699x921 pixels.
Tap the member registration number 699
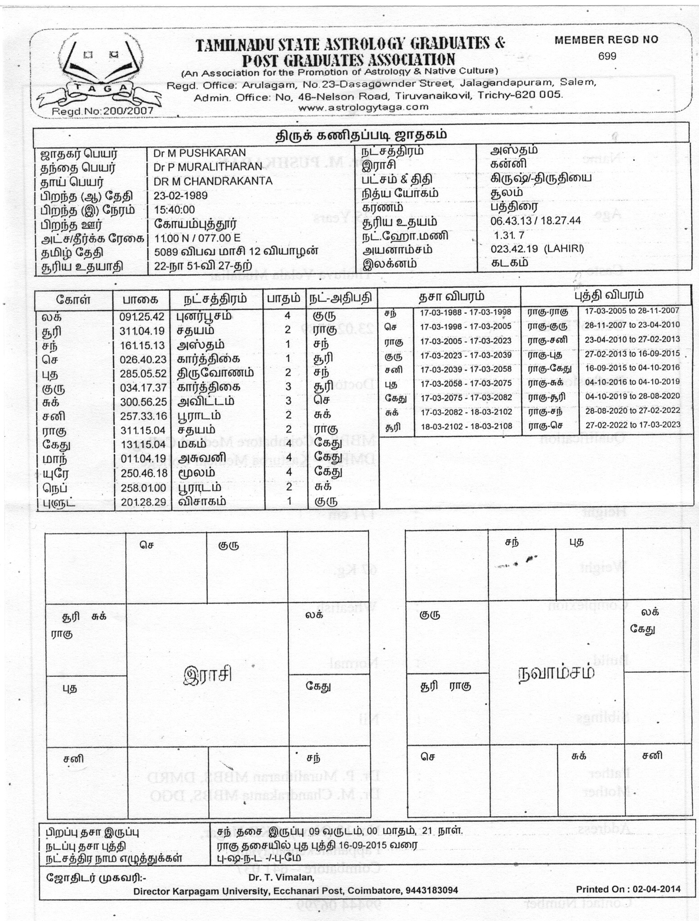tap(607, 57)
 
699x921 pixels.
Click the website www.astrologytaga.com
tap(363, 107)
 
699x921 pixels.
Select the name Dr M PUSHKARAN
tap(200, 153)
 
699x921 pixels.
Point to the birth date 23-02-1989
tap(180, 196)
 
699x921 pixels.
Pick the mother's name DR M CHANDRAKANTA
tap(213, 181)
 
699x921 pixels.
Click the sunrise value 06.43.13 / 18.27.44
tap(536, 221)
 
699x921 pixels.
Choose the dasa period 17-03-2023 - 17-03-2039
tap(466, 355)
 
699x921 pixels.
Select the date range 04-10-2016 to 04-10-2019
tap(632, 382)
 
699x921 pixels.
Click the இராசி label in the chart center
tap(208, 675)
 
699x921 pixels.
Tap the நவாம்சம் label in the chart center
tap(556, 672)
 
